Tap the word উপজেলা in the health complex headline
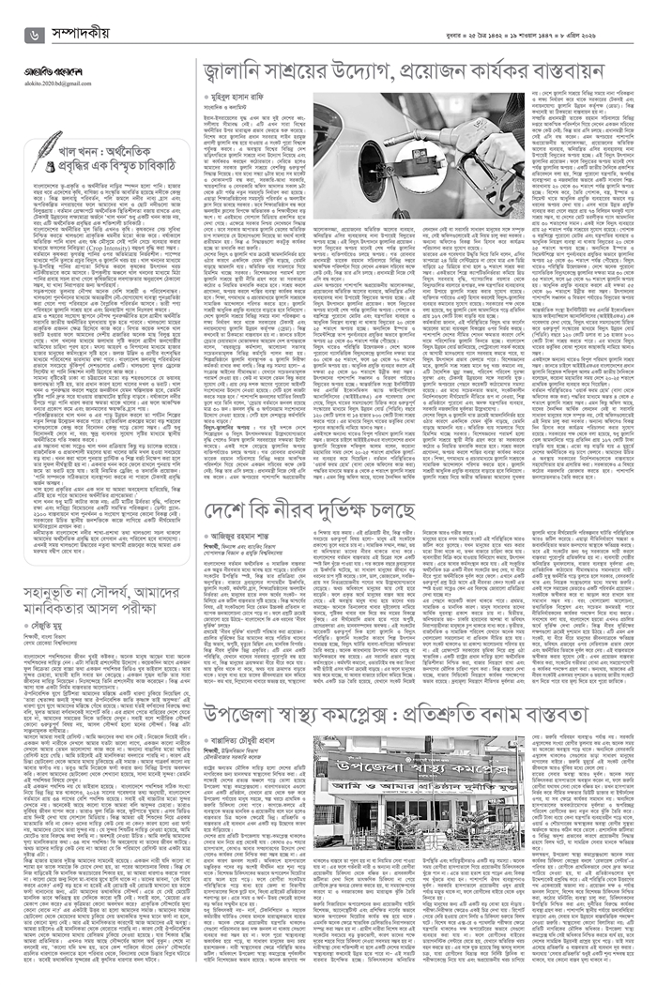click(x=242, y=713)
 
